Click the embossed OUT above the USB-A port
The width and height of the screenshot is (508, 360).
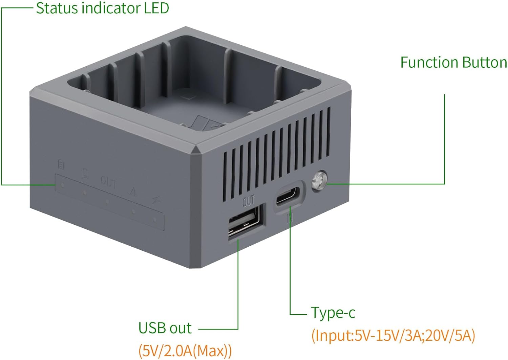pos(249,201)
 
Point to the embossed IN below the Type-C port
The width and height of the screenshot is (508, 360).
pos(290,219)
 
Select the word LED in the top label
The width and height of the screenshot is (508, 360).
pos(156,8)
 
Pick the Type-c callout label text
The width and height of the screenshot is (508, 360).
pos(333,313)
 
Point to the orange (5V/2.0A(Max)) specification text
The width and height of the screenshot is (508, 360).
pos(185,351)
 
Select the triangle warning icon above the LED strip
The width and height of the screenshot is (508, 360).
pos(133,192)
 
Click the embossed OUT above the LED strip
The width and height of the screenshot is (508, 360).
pos(108,183)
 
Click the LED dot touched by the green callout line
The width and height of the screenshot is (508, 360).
pos(62,185)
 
